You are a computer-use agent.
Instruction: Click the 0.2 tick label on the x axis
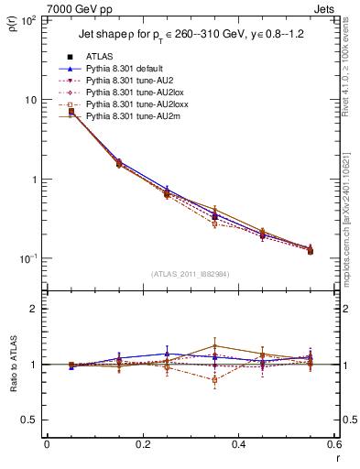pyautogui.click(x=142, y=445)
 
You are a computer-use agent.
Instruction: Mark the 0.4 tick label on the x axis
pyautogui.click(x=238, y=445)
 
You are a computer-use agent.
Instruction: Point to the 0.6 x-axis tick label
pyautogui.click(x=333, y=445)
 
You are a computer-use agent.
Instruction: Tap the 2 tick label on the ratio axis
pyautogui.click(x=35, y=309)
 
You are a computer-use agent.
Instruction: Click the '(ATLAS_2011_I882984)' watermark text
pyautogui.click(x=191, y=274)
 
